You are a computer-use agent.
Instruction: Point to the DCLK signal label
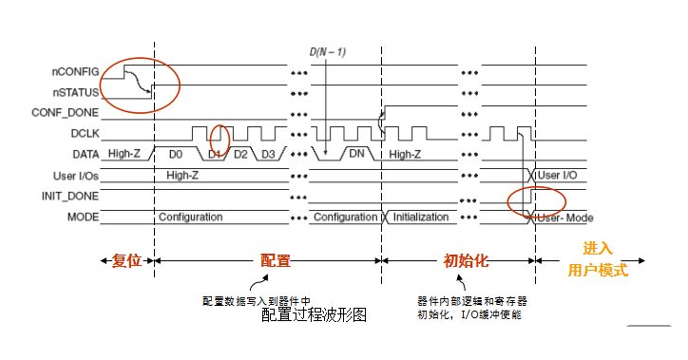coord(84,133)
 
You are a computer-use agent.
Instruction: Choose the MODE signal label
coord(84,217)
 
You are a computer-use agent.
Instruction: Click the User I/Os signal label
coord(76,175)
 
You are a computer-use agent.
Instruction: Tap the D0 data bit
coord(175,154)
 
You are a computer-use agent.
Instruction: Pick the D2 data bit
coord(240,154)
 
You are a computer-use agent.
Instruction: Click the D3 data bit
coord(269,154)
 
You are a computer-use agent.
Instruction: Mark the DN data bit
coord(356,154)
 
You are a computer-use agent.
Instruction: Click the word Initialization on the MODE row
coord(420,217)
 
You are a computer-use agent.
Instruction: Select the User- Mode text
coord(565,217)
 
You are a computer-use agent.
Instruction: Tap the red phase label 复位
coord(125,259)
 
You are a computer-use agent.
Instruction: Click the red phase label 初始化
coord(467,259)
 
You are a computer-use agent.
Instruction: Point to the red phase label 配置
coord(276,259)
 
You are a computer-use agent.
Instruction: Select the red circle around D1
coord(219,142)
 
